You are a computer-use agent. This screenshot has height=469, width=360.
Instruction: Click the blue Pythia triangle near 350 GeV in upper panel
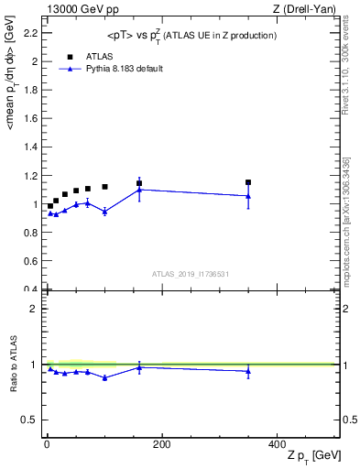248,195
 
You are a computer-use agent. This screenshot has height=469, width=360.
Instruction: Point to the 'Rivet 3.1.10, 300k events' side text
351,64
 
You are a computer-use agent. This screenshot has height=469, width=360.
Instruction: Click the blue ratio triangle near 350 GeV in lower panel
248,371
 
